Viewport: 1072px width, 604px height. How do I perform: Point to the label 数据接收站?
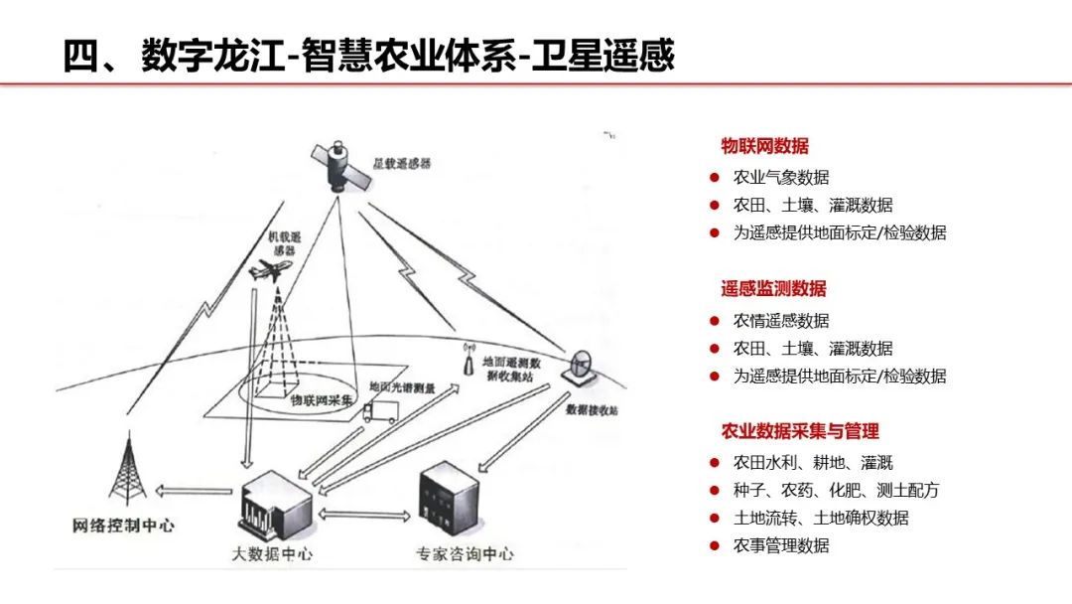click(x=593, y=409)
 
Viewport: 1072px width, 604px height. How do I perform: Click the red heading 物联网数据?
click(x=764, y=146)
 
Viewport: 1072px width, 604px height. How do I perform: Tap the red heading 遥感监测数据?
click(x=773, y=289)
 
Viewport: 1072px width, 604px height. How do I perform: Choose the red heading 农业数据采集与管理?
click(x=800, y=431)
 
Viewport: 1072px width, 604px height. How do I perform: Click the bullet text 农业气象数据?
click(x=780, y=178)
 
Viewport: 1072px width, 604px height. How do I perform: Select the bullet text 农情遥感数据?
click(x=780, y=321)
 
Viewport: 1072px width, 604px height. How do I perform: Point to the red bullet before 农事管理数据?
click(x=714, y=545)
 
